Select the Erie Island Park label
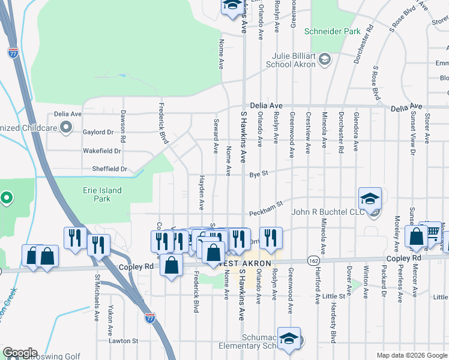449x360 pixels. tap(102, 194)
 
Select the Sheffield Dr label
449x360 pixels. tap(110, 169)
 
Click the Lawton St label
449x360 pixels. tap(123, 341)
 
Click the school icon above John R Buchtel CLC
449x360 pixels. tap(370, 198)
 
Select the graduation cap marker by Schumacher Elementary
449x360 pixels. tap(289, 338)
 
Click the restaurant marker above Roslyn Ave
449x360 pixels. tap(271, 237)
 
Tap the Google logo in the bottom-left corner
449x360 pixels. tap(20, 353)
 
